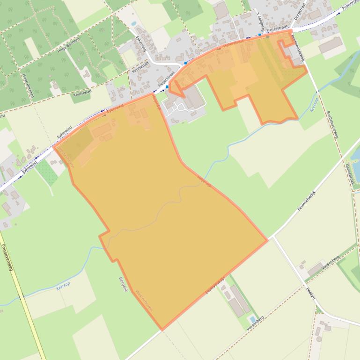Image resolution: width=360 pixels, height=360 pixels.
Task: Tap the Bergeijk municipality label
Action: tap(123, 285)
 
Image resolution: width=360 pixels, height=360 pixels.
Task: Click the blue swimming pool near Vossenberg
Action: tap(253, 320)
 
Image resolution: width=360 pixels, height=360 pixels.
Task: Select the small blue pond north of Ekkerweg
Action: tap(134, 23)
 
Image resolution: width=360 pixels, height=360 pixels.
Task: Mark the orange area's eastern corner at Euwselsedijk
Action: tap(267, 240)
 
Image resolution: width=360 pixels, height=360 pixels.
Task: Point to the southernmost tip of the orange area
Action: tap(162, 330)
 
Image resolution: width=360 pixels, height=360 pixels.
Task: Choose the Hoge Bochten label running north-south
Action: tap(28, 84)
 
